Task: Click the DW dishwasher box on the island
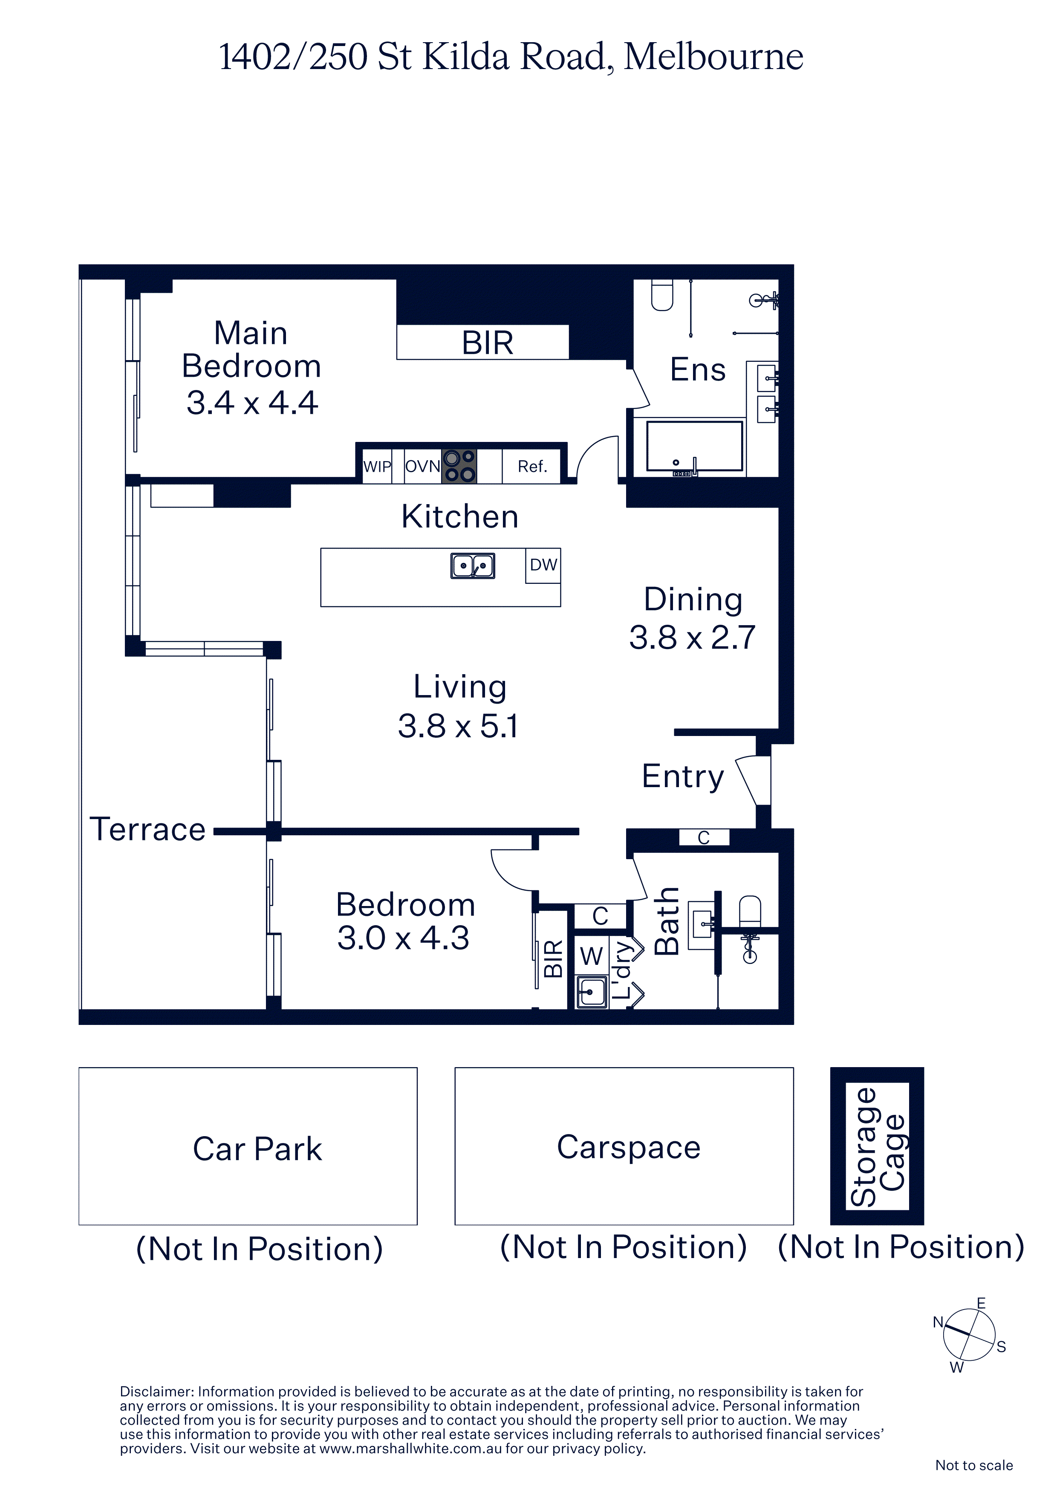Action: pos(543,565)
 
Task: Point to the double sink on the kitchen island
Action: pos(473,566)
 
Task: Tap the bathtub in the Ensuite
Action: pos(694,447)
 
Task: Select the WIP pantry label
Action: pos(377,466)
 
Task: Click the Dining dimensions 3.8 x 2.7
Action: pos(692,638)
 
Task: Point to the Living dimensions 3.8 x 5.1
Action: pos(459,726)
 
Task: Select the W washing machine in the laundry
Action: pos(591,956)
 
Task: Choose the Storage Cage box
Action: pos(877,1146)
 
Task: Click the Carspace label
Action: pos(629,1147)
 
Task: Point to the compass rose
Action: pos(970,1334)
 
